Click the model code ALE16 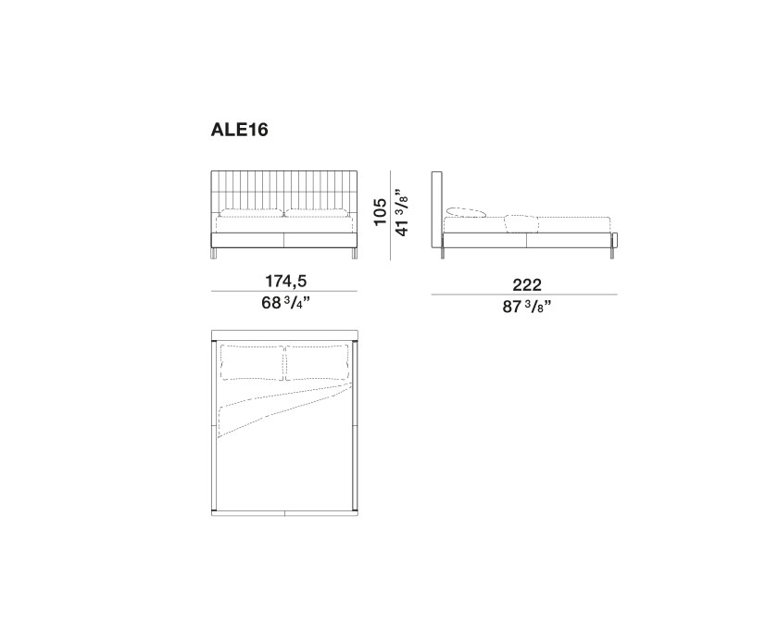[239, 130]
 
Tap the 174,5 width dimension [286, 281]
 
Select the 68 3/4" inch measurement [286, 302]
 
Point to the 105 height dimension [380, 211]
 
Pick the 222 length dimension [527, 285]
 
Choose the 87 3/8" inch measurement [527, 307]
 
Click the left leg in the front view [214, 254]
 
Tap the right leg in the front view [354, 254]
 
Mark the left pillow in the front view [252, 214]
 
